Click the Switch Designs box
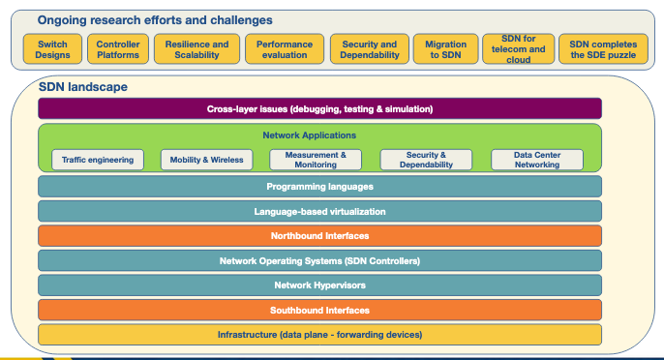point(52,49)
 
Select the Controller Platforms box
point(118,49)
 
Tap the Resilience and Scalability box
point(196,49)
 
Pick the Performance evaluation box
point(284,49)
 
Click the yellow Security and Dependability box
point(369,49)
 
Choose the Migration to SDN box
point(445,49)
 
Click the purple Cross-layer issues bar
point(319,108)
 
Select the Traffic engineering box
point(98,160)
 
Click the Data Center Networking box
point(537,160)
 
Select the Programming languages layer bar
point(319,186)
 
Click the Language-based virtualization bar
point(319,211)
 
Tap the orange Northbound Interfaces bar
point(319,235)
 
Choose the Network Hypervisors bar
point(319,285)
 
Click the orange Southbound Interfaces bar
point(319,310)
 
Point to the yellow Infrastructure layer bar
point(319,335)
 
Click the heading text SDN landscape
point(82,87)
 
